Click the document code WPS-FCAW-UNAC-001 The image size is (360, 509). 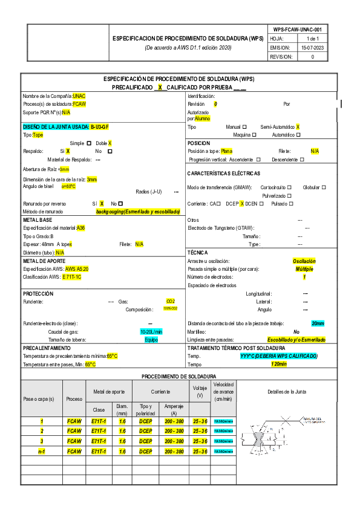pos(297,29)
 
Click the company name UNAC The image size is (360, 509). pos(79,96)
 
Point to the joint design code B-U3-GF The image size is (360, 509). pos(100,127)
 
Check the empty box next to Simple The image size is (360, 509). pos(89,143)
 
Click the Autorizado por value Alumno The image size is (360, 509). pos(202,119)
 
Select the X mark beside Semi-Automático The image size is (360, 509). pos(298,127)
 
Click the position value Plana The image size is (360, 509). pos(227,151)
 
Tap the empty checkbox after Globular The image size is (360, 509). pos(324,187)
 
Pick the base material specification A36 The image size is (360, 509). pos(81,228)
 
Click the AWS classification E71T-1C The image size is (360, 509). pos(72,276)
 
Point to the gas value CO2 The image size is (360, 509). pos(171,301)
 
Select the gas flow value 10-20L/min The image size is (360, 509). pos(151,332)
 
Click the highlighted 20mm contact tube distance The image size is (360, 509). pos(318,323)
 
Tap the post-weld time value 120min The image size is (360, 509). pos(279,365)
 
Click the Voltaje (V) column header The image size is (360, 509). pos(200,391)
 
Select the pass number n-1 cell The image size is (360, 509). pos(42,452)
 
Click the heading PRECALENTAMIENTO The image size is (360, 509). pos(47,349)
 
